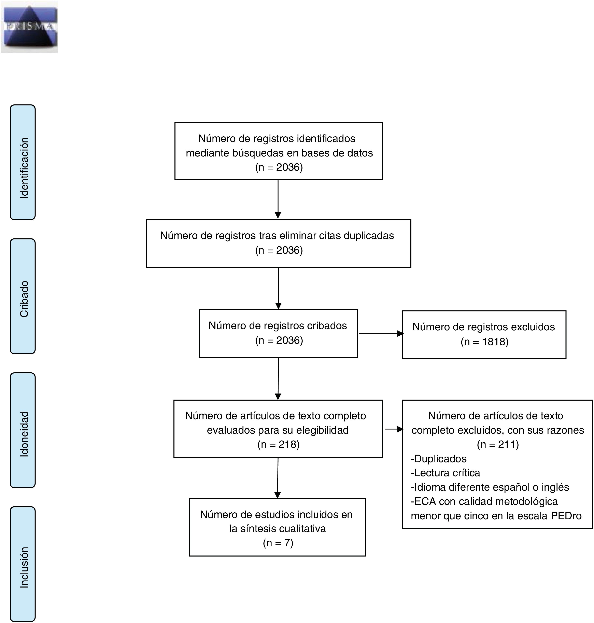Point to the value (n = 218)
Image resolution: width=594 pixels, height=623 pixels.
coord(278,444)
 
